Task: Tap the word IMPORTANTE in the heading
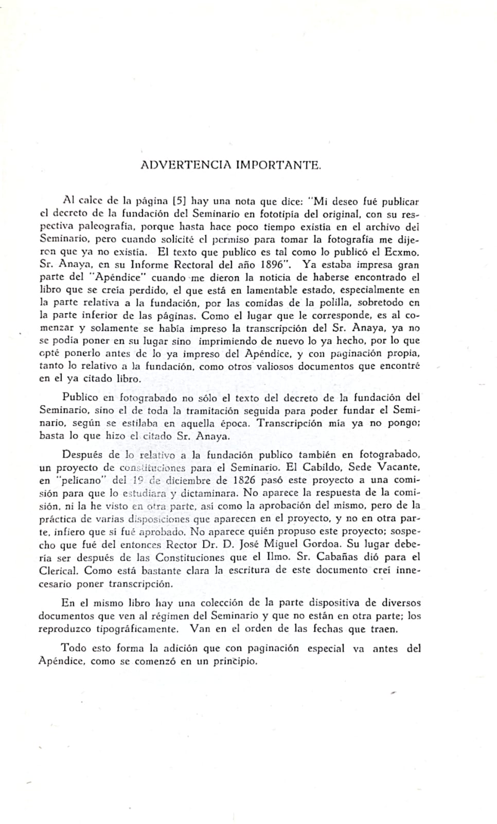pyautogui.click(x=279, y=165)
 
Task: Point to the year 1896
pyautogui.click(x=274, y=265)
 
